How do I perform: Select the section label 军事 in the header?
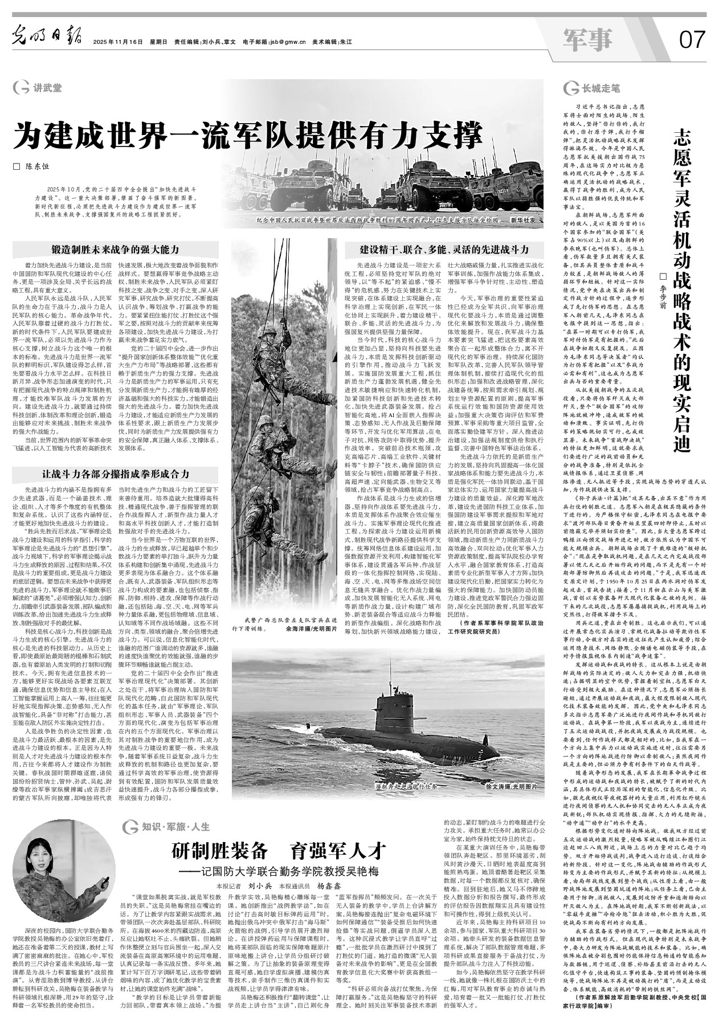point(587,39)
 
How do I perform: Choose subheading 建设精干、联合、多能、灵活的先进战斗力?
point(444,249)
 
